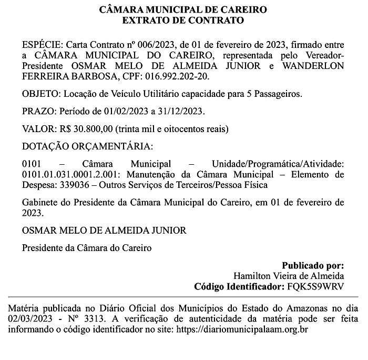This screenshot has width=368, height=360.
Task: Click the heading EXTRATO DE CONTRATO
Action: click(183, 21)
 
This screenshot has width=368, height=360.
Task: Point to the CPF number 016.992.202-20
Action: click(179, 76)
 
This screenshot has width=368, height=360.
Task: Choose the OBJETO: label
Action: click(42, 94)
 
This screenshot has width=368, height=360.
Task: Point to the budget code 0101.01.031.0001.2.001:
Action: click(74, 174)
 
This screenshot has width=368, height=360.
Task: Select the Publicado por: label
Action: click(313, 266)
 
